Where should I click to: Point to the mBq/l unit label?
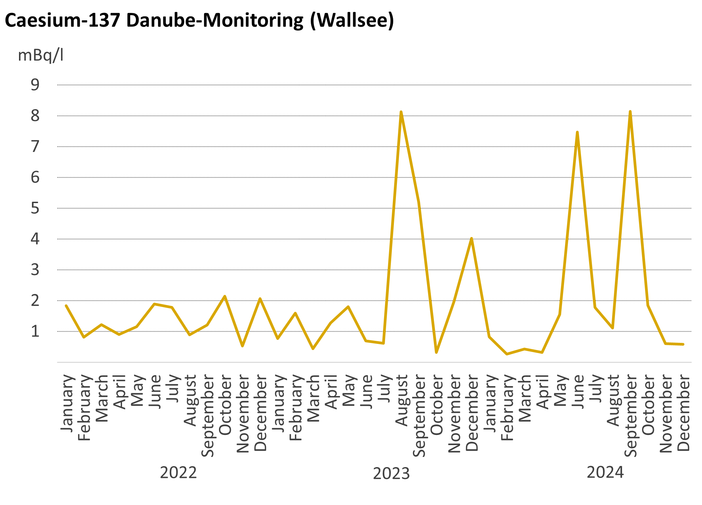pyautogui.click(x=41, y=55)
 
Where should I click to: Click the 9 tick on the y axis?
pyautogui.click(x=35, y=85)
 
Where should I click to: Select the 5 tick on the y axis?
pyautogui.click(x=35, y=208)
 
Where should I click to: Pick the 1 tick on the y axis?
pyautogui.click(x=35, y=331)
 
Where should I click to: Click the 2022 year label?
pyautogui.click(x=178, y=473)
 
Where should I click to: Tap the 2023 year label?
pyautogui.click(x=391, y=474)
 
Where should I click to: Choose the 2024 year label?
pyautogui.click(x=605, y=473)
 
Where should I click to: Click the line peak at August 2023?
pyautogui.click(x=401, y=112)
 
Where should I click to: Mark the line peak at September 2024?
pyautogui.click(x=630, y=111)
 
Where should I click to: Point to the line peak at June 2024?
pyautogui.click(x=577, y=132)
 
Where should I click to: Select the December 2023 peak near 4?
pyautogui.click(x=472, y=239)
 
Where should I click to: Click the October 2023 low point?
pyautogui.click(x=436, y=352)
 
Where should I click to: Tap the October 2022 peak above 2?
pyautogui.click(x=224, y=296)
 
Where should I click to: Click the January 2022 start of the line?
pyautogui.click(x=66, y=306)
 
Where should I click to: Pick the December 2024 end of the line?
pyautogui.click(x=683, y=344)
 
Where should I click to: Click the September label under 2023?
pyautogui.click(x=419, y=416)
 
